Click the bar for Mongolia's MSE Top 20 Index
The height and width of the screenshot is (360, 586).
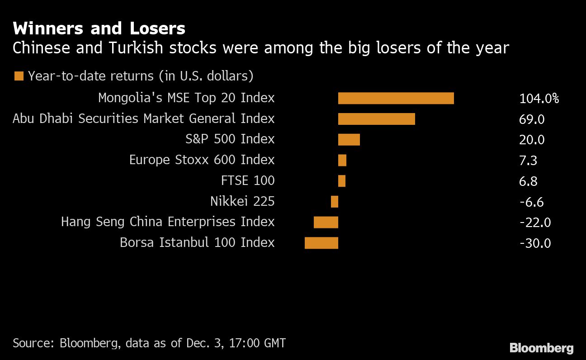(x=396, y=98)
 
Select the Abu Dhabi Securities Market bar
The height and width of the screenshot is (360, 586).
(x=376, y=119)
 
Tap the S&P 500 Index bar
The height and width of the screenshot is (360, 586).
(x=349, y=140)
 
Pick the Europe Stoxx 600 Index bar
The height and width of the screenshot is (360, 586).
(x=342, y=160)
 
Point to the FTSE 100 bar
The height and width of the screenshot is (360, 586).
(x=342, y=181)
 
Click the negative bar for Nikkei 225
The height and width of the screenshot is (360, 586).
(x=335, y=202)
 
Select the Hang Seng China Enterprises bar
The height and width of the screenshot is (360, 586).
(x=326, y=222)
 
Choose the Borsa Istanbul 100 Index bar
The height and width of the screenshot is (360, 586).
(x=321, y=243)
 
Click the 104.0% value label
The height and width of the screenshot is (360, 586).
(x=539, y=99)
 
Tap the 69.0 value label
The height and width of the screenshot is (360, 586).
(x=532, y=119)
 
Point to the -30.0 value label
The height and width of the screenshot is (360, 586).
(x=535, y=243)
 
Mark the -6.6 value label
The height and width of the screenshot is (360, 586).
(x=531, y=202)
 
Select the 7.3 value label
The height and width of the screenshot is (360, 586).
(x=528, y=161)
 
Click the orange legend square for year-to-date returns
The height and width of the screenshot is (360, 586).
(x=19, y=76)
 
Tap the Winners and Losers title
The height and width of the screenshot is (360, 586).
(x=99, y=29)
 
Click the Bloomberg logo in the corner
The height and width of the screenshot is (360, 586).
(x=541, y=348)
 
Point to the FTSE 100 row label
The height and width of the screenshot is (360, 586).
(x=248, y=181)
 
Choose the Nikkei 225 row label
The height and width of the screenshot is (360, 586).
(x=242, y=201)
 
